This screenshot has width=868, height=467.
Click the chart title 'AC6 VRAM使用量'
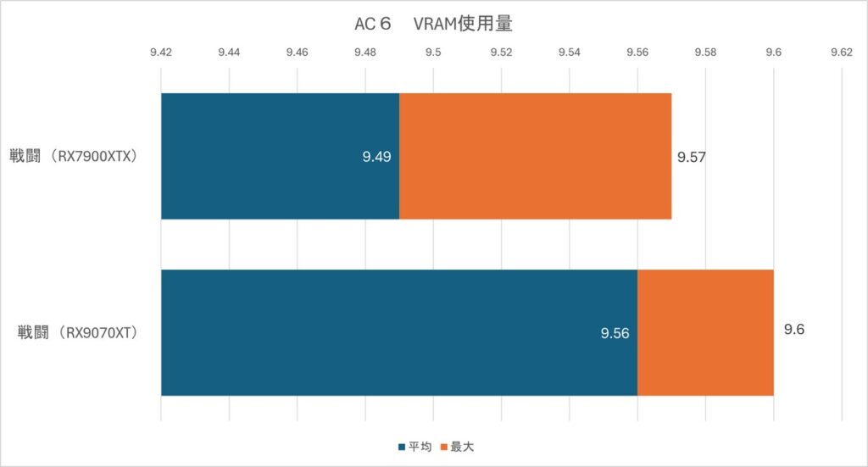[433, 25]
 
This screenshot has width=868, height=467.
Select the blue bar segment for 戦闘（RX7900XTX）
[280, 156]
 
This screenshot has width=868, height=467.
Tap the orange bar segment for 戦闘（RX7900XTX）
[535, 156]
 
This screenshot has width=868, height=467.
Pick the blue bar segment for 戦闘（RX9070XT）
[398, 332]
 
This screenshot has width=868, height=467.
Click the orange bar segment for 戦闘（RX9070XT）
[705, 332]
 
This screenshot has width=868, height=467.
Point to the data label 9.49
[376, 157]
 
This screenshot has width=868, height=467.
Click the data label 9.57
[691, 157]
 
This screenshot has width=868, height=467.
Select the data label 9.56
[615, 333]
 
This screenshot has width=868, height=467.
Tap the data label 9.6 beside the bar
[793, 329]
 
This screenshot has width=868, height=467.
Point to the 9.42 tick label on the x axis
[161, 52]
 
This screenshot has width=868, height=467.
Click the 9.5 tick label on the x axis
[433, 52]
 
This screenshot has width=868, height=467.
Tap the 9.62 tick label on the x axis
[841, 52]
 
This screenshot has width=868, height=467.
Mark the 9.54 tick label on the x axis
[569, 52]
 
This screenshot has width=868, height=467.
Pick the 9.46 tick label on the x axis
[297, 52]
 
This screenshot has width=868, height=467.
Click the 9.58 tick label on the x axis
[705, 52]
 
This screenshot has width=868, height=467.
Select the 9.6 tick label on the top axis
[773, 52]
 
